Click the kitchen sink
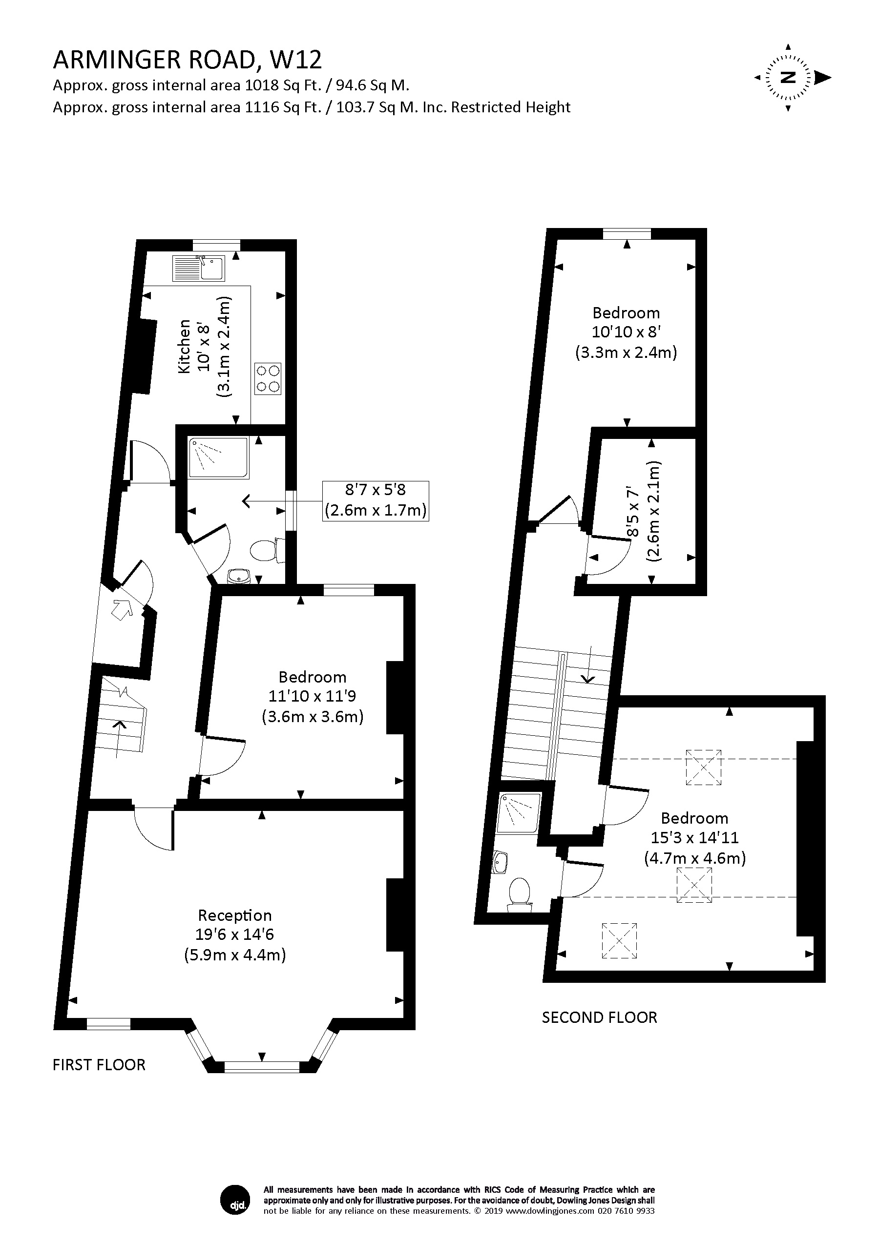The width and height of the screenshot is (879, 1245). (198, 268)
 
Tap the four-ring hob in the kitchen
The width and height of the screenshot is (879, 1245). (268, 378)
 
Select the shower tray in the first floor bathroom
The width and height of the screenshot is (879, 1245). (219, 457)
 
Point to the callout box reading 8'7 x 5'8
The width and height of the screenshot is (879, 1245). (375, 500)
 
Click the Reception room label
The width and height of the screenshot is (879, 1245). (234, 915)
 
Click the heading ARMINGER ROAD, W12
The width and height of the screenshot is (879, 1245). (187, 60)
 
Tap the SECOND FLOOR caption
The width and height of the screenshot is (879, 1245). (599, 1017)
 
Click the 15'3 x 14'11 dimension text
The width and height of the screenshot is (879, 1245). (694, 838)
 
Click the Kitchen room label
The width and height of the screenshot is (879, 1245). (185, 347)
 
